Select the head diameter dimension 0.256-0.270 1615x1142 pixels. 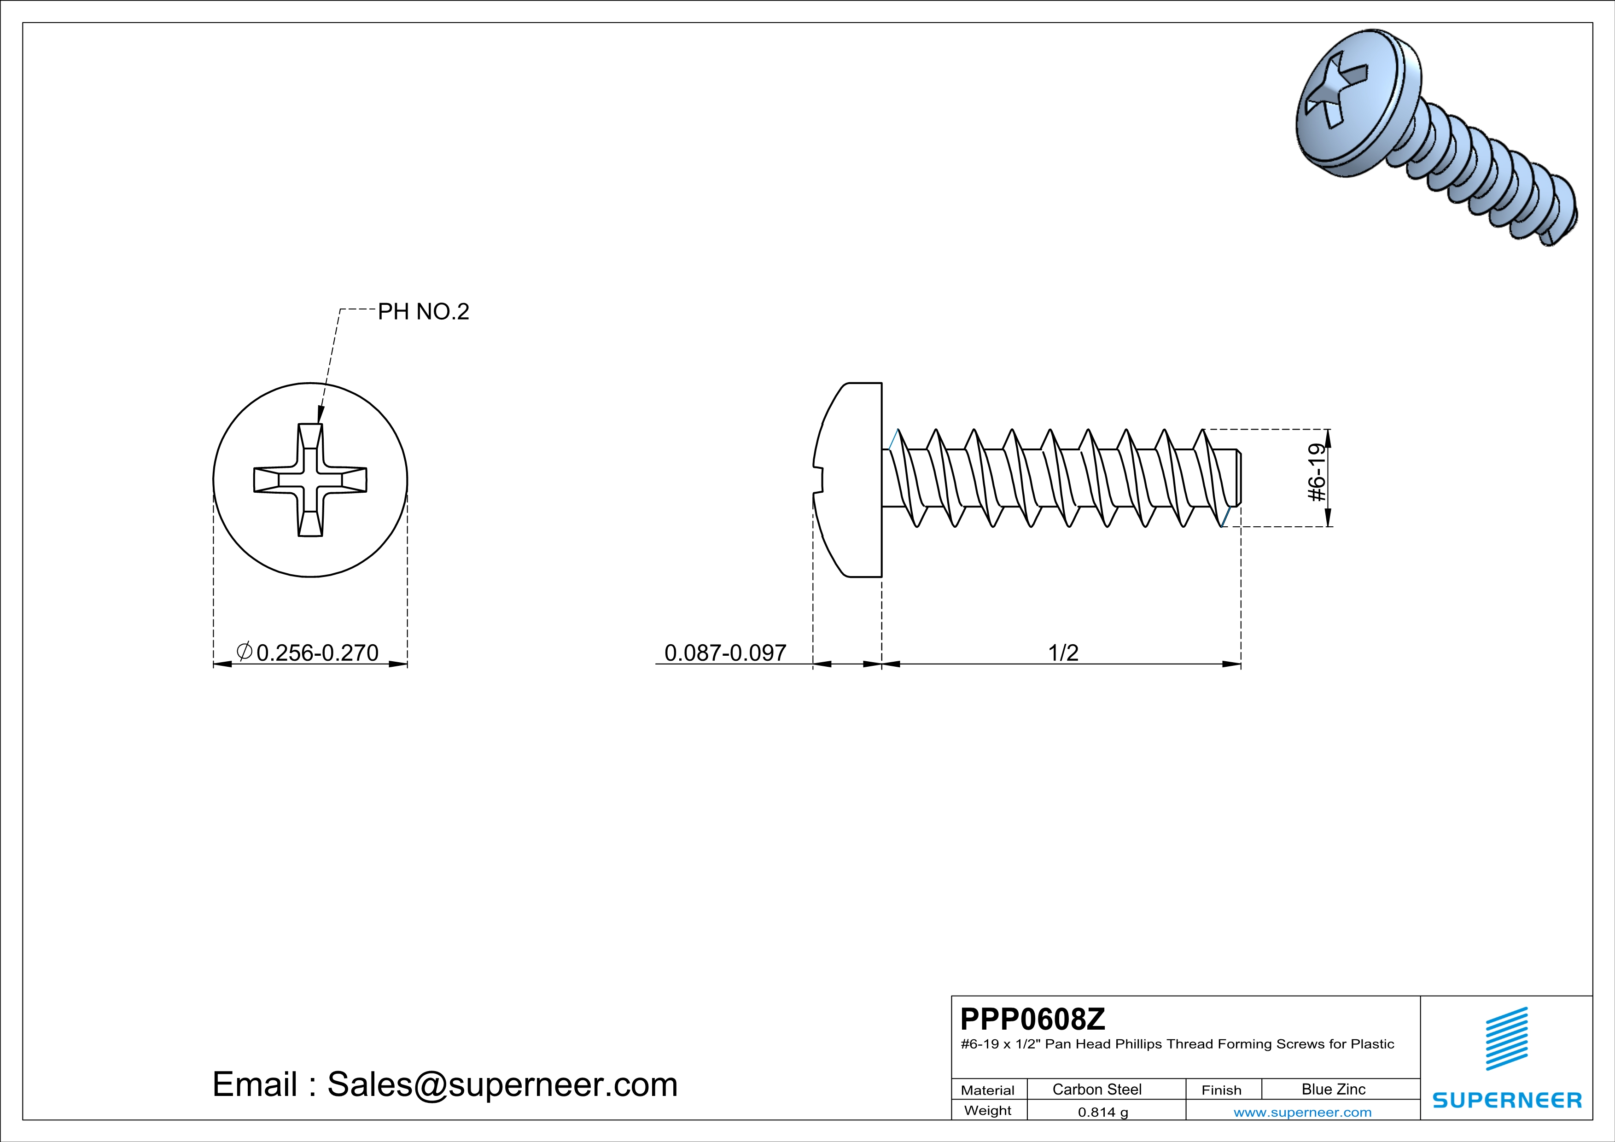pyautogui.click(x=317, y=653)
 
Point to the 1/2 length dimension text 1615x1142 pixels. pyautogui.click(x=1063, y=653)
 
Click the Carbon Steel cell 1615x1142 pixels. pyautogui.click(x=1096, y=1089)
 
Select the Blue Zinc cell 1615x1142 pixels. pyautogui.click(x=1333, y=1089)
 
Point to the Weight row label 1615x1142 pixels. pyautogui.click(x=988, y=1110)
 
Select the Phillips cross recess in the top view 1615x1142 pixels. pyautogui.click(x=310, y=480)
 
